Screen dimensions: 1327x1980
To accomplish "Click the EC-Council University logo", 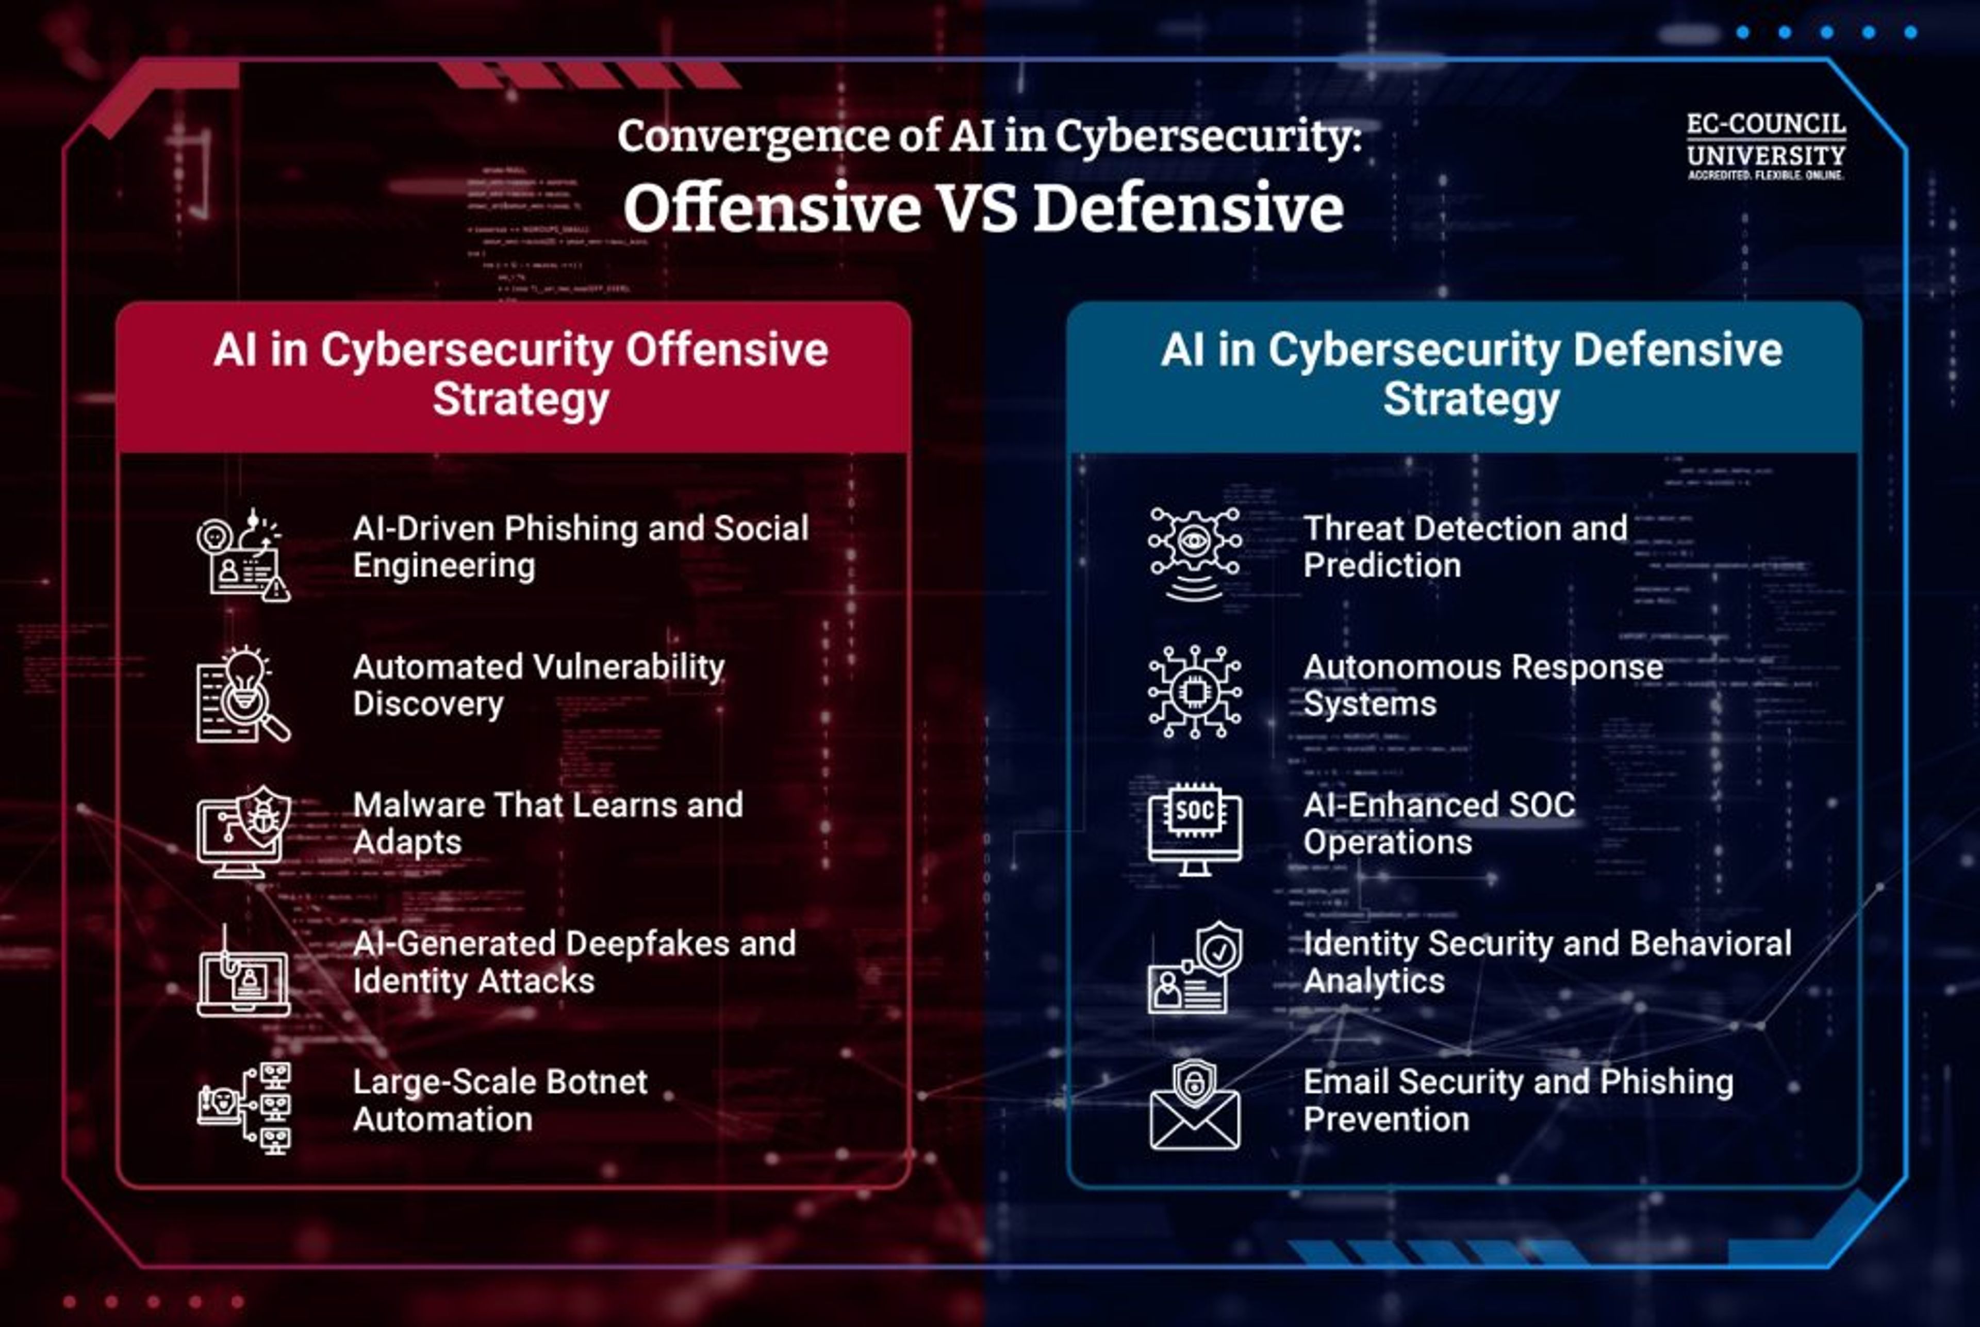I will click(1766, 145).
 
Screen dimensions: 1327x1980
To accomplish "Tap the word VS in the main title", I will click(978, 209).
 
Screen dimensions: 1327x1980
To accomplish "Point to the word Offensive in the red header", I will click(726, 350).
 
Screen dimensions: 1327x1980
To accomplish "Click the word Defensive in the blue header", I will click(1677, 350).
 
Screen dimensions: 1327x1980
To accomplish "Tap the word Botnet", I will click(597, 1083).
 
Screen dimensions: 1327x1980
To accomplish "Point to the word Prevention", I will click(1386, 1120).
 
